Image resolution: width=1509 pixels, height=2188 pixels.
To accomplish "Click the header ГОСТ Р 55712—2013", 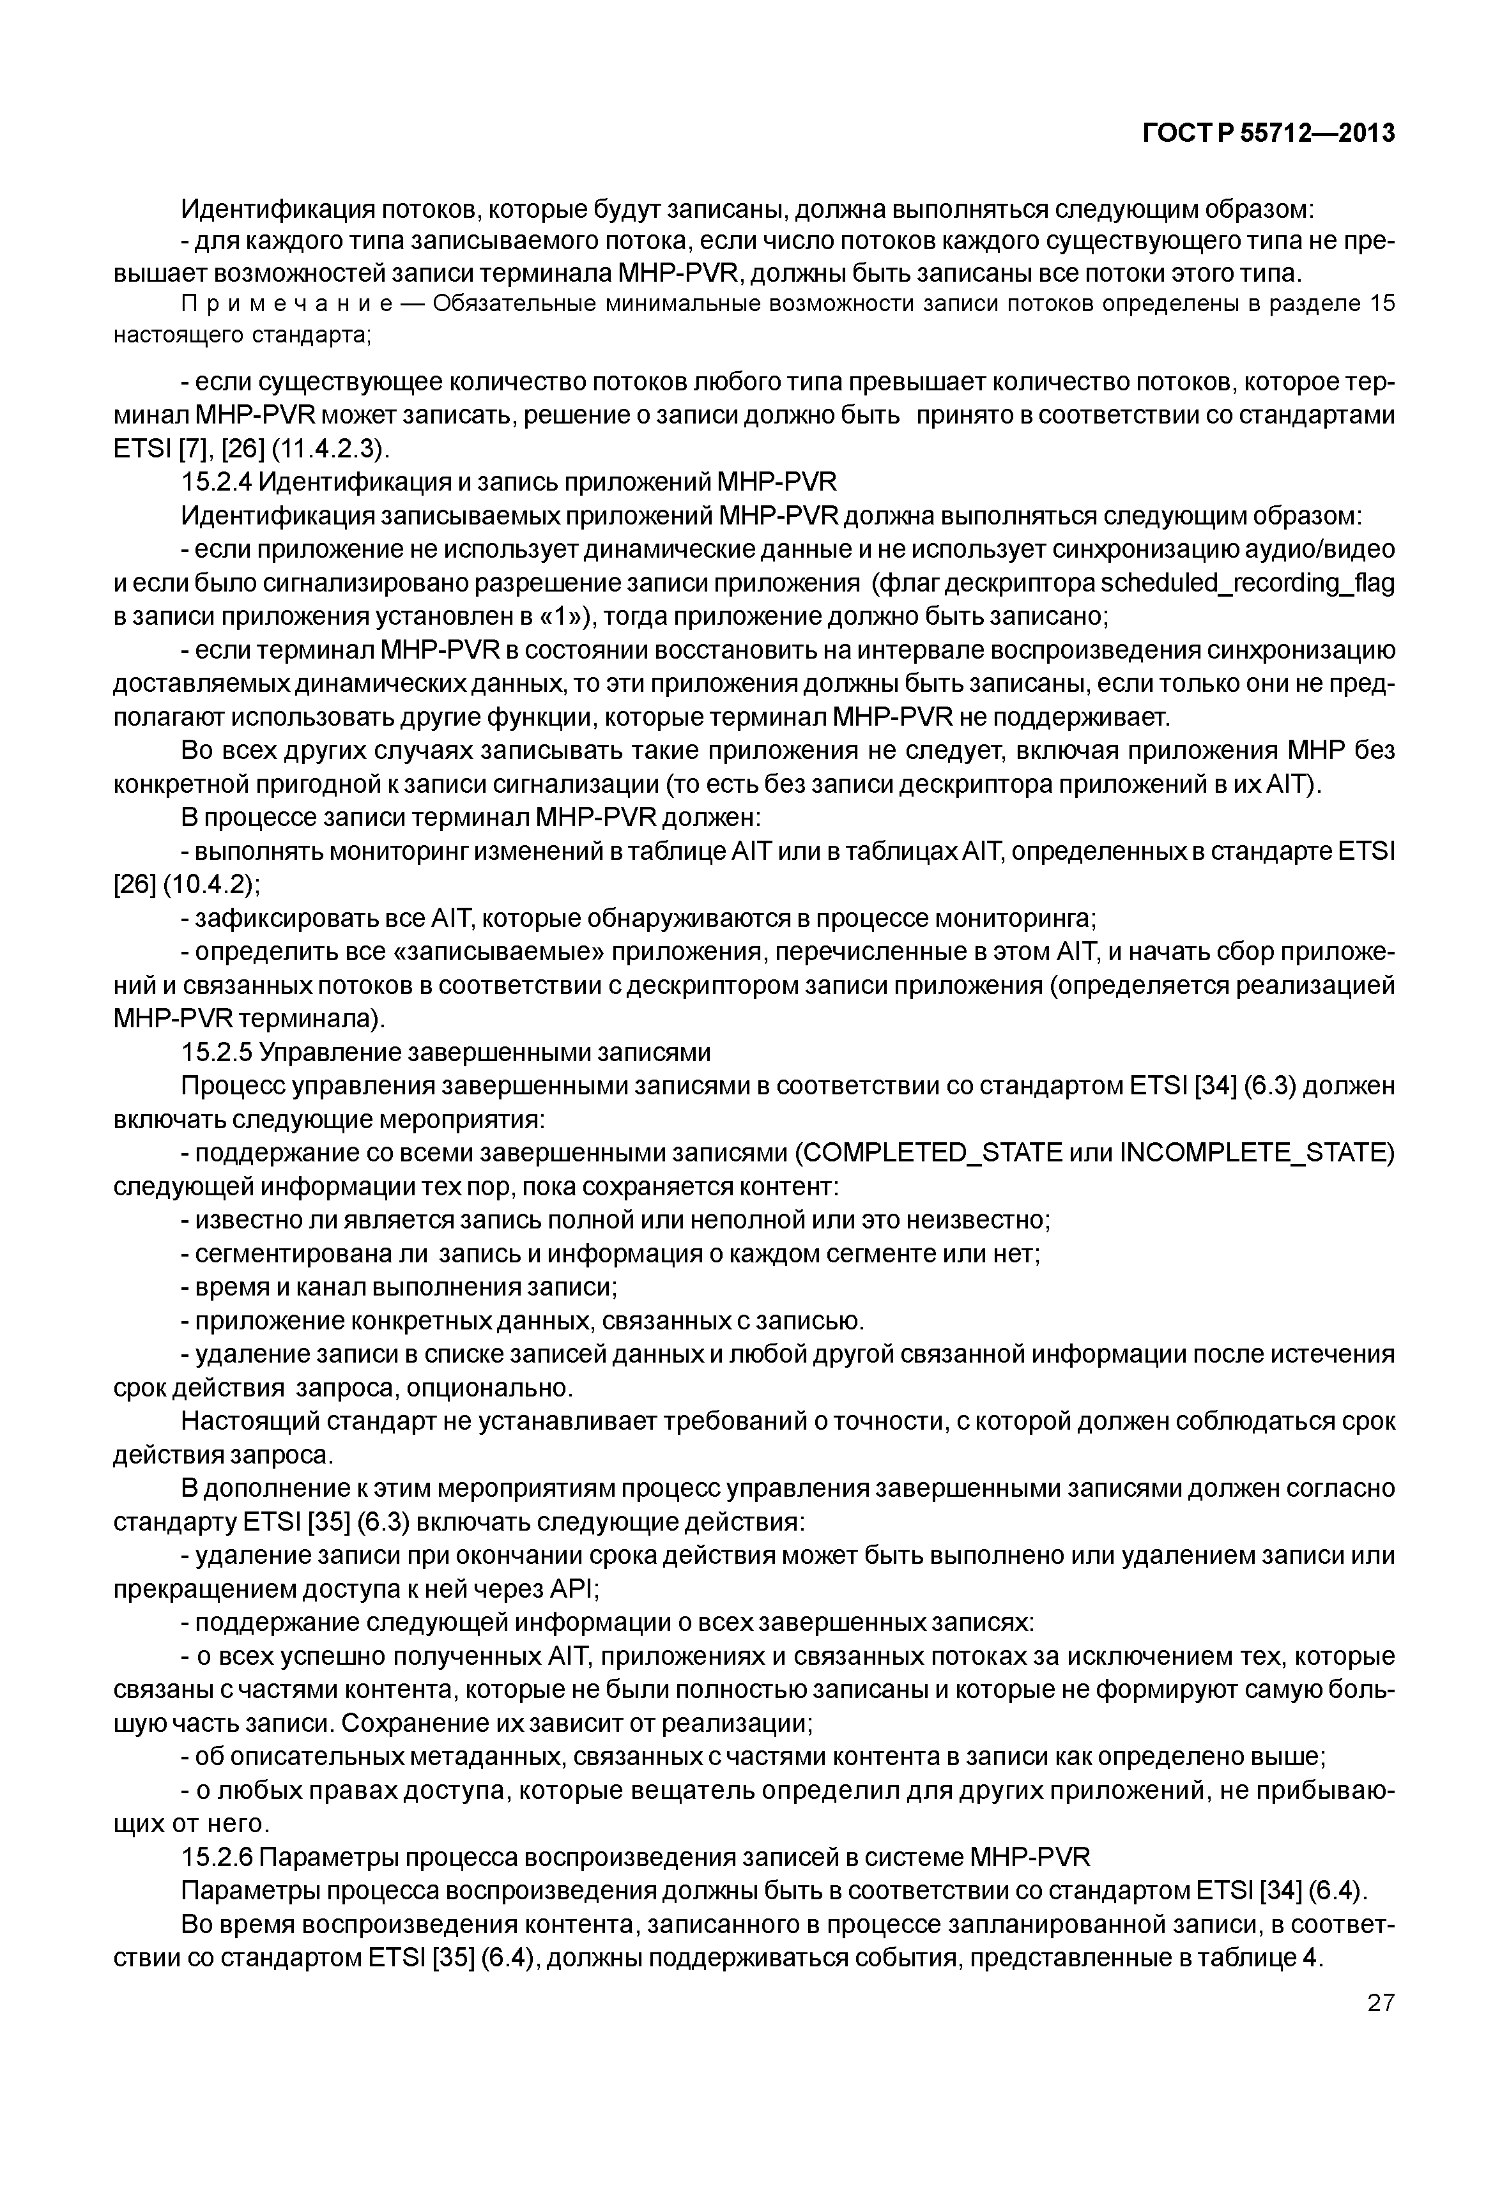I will pos(1269,134).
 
